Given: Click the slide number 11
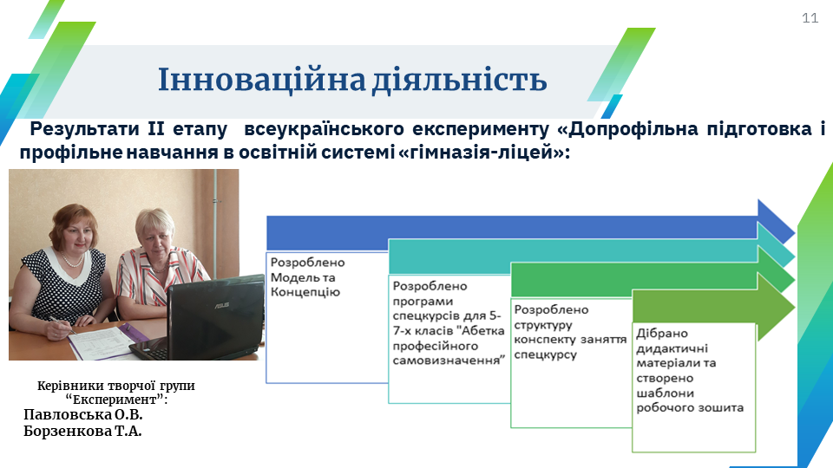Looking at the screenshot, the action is [810, 18].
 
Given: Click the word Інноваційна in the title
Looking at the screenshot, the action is [261, 80].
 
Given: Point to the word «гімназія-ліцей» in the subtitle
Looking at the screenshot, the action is [483, 153].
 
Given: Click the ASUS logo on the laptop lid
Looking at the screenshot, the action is [221, 306].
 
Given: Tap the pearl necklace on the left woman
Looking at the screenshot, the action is [73, 261].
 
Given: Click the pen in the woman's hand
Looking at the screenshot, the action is [62, 324].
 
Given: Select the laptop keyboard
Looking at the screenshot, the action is [151, 347].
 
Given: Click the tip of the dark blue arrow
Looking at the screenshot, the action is [795, 232].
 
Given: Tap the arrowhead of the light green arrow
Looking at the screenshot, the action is [776, 307].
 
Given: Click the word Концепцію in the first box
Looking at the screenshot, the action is [305, 292].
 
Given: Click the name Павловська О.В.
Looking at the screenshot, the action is [83, 414].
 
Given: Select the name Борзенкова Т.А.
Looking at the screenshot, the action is [82, 431].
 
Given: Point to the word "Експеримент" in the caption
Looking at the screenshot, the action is [115, 399].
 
